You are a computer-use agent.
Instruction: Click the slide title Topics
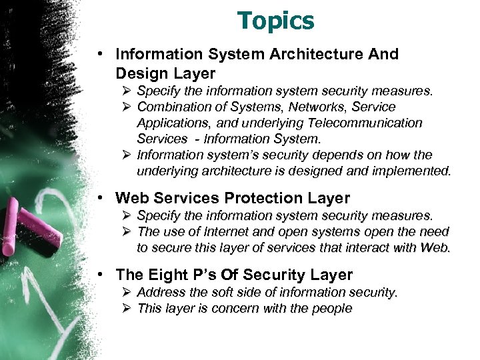click(x=276, y=21)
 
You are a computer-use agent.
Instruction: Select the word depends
click(x=317, y=155)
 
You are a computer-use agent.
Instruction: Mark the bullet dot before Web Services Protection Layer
click(x=99, y=198)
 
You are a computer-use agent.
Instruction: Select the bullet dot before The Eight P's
click(x=99, y=275)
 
